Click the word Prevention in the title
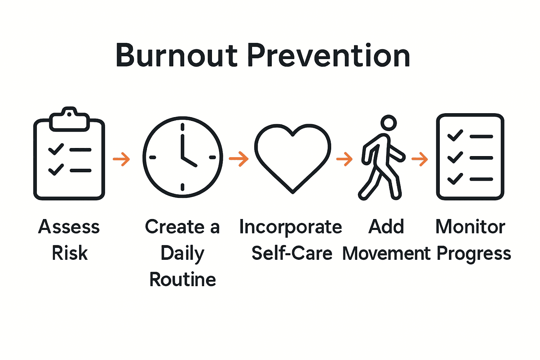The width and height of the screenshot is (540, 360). point(329,55)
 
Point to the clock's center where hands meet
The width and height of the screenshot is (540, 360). point(182,157)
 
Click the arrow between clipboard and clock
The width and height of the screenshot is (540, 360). point(122,159)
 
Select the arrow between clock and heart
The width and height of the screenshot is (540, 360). point(239,159)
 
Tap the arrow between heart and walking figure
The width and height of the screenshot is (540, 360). point(345,159)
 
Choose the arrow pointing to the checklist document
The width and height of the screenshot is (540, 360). point(420,159)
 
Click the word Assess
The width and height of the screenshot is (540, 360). point(69,227)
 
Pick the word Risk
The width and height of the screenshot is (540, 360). point(70,253)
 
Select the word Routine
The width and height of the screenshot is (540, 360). point(182,280)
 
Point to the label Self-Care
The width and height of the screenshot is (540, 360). point(292,253)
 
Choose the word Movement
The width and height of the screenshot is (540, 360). point(386,253)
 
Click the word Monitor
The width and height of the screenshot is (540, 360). point(470,227)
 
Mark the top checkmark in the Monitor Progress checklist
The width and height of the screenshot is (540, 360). point(455,135)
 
